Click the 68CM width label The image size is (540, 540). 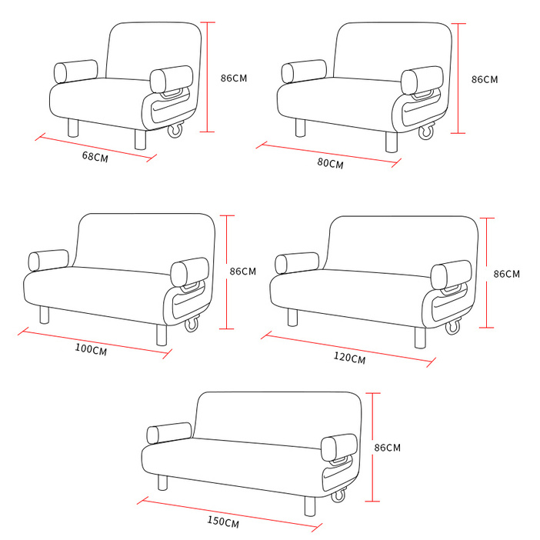tap(95, 157)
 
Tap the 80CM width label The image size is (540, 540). tap(330, 163)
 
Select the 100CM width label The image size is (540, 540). tap(91, 349)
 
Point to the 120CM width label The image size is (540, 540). tap(349, 358)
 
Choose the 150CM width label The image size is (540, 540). tap(223, 522)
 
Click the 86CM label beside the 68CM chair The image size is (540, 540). tap(234, 78)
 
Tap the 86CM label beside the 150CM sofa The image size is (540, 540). tap(388, 448)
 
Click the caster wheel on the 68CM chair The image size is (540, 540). tap(175, 130)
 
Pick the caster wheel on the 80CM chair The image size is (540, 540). tap(426, 132)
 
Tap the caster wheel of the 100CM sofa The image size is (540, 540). tap(192, 324)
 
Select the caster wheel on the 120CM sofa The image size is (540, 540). tap(453, 326)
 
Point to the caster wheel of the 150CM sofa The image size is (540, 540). tap(338, 495)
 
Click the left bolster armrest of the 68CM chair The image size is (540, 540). tap(75, 72)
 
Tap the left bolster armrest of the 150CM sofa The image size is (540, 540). tap(169, 433)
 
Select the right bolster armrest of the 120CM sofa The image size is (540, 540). tap(451, 275)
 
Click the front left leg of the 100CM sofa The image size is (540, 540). tap(44, 315)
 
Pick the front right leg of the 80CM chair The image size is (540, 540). tap(392, 142)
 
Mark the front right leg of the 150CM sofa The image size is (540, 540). tap(310, 506)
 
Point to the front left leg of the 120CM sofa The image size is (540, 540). tap(292, 317)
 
